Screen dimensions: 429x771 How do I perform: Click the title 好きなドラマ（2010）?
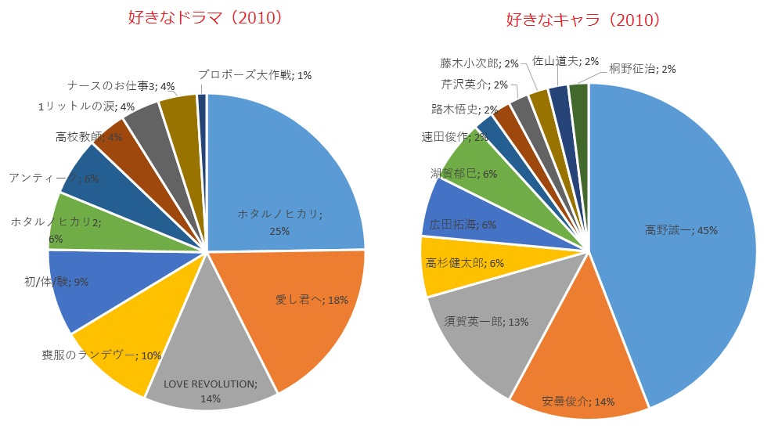click(204, 18)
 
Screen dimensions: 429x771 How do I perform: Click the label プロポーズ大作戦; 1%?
click(254, 75)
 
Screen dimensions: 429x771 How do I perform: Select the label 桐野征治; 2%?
click(643, 69)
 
